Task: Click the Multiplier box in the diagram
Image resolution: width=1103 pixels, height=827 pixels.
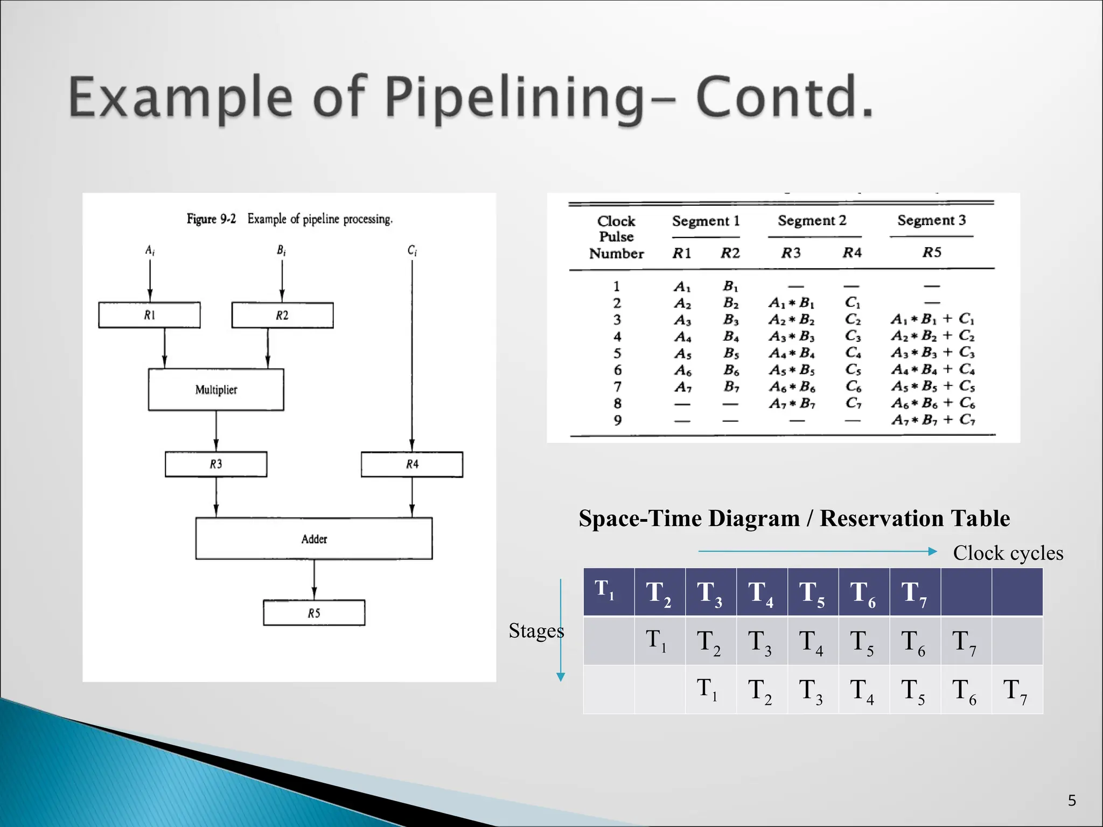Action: (216, 390)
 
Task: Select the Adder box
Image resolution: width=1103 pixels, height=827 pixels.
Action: (314, 539)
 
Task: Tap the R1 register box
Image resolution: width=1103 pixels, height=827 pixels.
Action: (149, 316)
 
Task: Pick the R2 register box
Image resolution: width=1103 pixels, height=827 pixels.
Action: (282, 316)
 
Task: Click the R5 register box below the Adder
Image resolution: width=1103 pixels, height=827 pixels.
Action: (314, 613)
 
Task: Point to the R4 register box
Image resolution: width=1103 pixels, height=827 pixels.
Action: (412, 464)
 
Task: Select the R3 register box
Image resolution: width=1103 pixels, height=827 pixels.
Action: (216, 464)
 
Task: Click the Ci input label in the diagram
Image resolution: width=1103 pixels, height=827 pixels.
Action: (412, 250)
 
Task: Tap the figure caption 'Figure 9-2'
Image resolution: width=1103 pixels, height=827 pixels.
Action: (211, 219)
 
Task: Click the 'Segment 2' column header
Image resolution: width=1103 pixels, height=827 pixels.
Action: (812, 220)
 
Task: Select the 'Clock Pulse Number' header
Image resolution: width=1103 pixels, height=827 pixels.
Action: (616, 237)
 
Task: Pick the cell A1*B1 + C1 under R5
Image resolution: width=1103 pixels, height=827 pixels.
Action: (932, 319)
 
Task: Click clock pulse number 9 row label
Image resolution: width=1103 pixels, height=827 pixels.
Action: (617, 420)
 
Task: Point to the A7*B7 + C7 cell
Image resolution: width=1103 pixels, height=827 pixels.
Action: (932, 419)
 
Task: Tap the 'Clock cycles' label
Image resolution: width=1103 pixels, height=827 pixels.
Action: (1008, 553)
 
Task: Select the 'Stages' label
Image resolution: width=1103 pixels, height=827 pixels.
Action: (536, 630)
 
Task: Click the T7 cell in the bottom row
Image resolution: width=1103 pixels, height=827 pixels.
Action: (1016, 690)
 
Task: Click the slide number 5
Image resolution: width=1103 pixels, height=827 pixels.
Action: (1072, 801)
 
